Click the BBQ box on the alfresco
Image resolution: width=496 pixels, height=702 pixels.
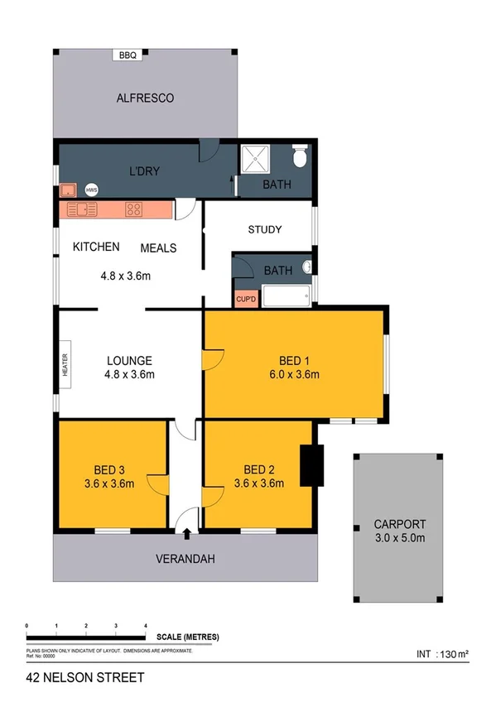pos(128,55)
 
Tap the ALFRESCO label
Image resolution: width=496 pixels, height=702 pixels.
pos(144,98)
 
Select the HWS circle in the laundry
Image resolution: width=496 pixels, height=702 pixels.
pos(90,188)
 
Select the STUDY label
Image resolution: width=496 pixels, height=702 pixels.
pos(265,229)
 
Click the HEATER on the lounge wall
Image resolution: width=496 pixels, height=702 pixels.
pos(65,365)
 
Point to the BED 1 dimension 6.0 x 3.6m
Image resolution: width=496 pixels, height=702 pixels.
pos(296,374)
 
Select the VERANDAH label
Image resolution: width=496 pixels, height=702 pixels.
pos(185,559)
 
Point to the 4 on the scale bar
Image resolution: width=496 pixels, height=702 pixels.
pos(146,626)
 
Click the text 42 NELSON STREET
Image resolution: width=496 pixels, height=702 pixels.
pos(84,678)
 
